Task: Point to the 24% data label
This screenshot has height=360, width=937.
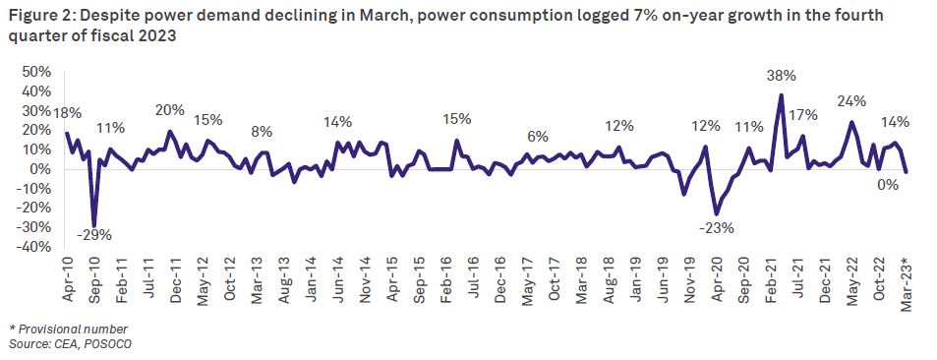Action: [851, 101]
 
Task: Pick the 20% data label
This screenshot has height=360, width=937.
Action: [169, 110]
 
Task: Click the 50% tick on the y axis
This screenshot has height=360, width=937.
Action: [35, 72]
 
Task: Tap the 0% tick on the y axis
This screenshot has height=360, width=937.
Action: [39, 168]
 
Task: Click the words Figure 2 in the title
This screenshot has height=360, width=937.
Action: [39, 17]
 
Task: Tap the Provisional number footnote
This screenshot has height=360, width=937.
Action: [68, 328]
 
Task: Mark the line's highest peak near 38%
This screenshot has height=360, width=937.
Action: [781, 95]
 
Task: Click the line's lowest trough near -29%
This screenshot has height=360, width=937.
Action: [94, 225]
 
